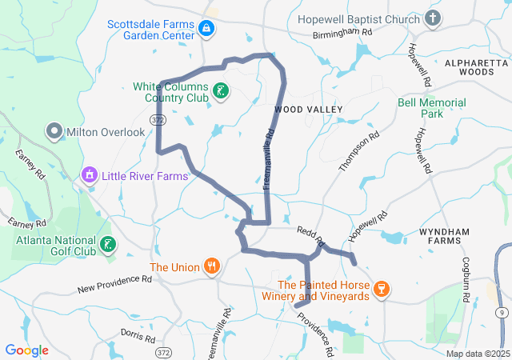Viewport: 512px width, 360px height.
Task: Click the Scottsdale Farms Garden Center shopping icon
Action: (206, 29)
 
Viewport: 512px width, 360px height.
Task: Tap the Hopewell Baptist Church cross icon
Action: (433, 18)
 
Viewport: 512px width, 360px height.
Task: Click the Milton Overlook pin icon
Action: (54, 130)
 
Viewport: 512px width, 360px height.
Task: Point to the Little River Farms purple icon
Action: (89, 174)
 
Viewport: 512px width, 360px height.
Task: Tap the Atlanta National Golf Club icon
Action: (108, 244)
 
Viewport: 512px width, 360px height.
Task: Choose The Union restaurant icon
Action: (211, 266)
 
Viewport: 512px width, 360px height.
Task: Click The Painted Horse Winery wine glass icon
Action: (382, 289)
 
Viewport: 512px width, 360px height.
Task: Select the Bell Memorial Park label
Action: (431, 109)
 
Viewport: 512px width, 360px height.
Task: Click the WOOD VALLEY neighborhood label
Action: (308, 109)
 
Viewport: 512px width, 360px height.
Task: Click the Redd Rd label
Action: (310, 234)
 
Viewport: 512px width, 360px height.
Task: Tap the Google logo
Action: (27, 350)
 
